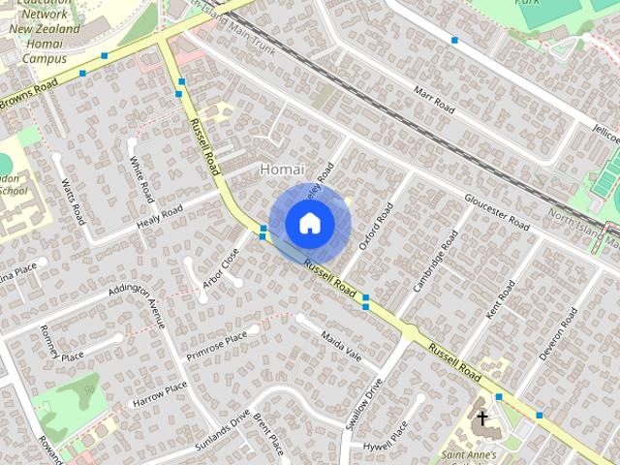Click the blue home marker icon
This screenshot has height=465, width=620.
pyautogui.click(x=309, y=224)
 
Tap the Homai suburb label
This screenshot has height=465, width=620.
pyautogui.click(x=283, y=170)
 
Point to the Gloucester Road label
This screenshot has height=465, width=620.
pyautogui.click(x=497, y=212)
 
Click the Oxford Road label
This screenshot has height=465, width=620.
pyautogui.click(x=376, y=227)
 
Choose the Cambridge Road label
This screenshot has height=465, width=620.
pyautogui.click(x=436, y=259)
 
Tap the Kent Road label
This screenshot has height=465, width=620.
pyautogui.click(x=502, y=302)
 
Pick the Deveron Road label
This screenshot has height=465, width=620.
pyautogui.click(x=559, y=334)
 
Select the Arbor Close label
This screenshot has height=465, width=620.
pyautogui.click(x=222, y=267)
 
